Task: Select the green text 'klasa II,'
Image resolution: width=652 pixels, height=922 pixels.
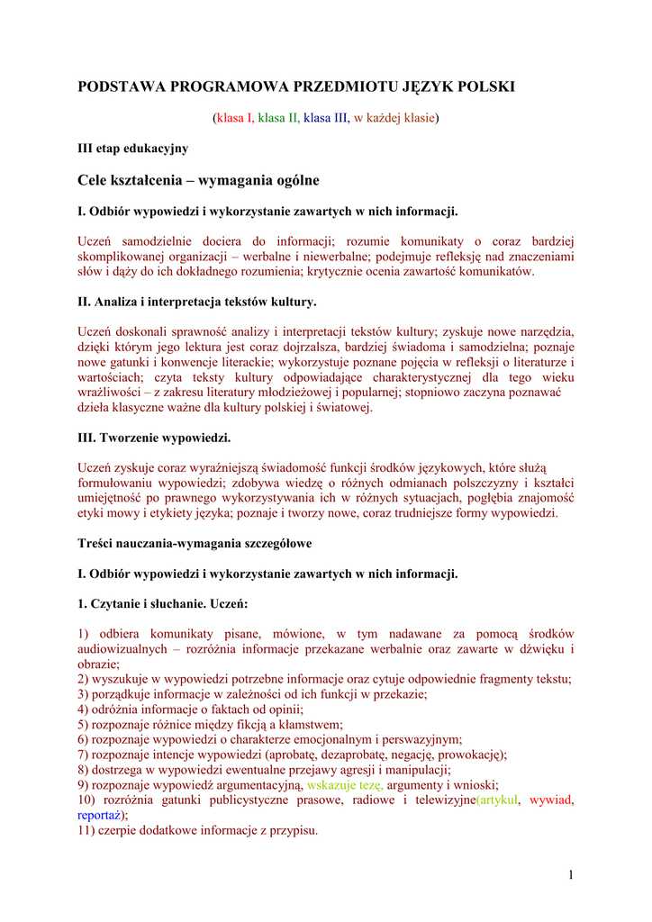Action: [x=279, y=117]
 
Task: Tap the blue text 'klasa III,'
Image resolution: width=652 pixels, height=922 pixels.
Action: [x=326, y=117]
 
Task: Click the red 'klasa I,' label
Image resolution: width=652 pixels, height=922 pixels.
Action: [x=233, y=117]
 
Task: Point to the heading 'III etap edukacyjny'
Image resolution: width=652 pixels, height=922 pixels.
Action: [x=133, y=148]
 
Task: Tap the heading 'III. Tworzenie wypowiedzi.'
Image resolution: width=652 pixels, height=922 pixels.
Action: [x=155, y=438]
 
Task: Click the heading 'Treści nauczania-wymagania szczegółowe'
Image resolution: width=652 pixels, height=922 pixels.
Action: [x=195, y=544]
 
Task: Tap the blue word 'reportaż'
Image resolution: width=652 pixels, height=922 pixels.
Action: [x=99, y=815]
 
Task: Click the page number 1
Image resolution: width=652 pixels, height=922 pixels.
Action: [x=571, y=874]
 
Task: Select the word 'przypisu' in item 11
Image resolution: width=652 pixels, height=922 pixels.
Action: [x=294, y=830]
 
